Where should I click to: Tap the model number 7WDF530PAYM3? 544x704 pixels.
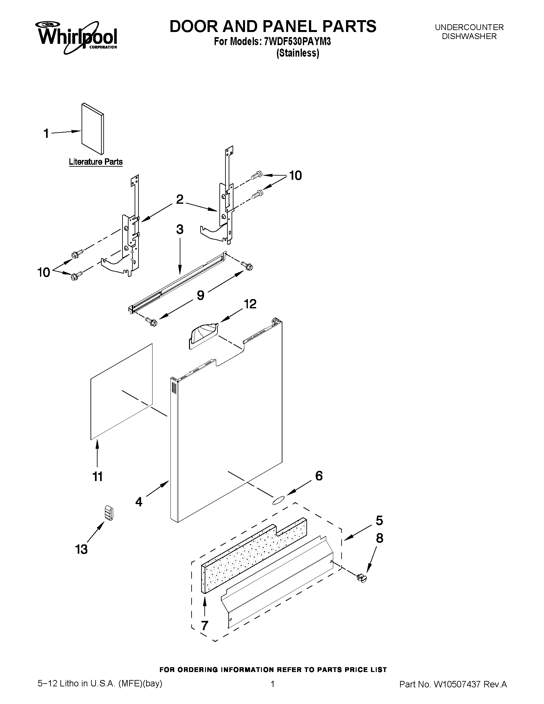(297, 42)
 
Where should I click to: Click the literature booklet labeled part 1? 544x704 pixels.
(93, 129)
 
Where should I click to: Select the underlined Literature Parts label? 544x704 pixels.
(96, 162)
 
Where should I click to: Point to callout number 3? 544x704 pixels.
(180, 230)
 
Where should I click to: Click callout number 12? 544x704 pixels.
(250, 304)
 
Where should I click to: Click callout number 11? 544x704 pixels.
(98, 477)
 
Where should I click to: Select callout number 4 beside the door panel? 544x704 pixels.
(139, 502)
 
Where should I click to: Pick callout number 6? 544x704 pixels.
(319, 476)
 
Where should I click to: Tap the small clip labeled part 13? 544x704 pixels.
(110, 512)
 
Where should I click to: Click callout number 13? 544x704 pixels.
(82, 549)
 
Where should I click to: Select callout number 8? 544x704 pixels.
(380, 538)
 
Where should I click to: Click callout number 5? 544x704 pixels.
(379, 520)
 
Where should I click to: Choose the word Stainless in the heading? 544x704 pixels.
(298, 53)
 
